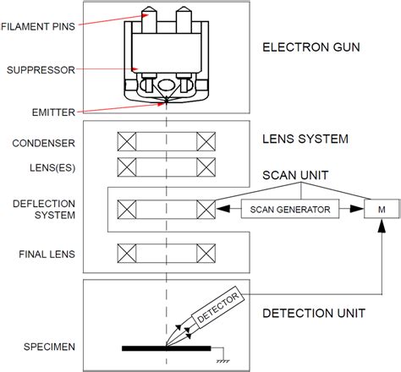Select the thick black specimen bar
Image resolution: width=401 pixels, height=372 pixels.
coord(166,347)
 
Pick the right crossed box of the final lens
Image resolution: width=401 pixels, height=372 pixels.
coord(206,252)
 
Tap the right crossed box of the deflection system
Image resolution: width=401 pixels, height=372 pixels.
coord(206,207)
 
